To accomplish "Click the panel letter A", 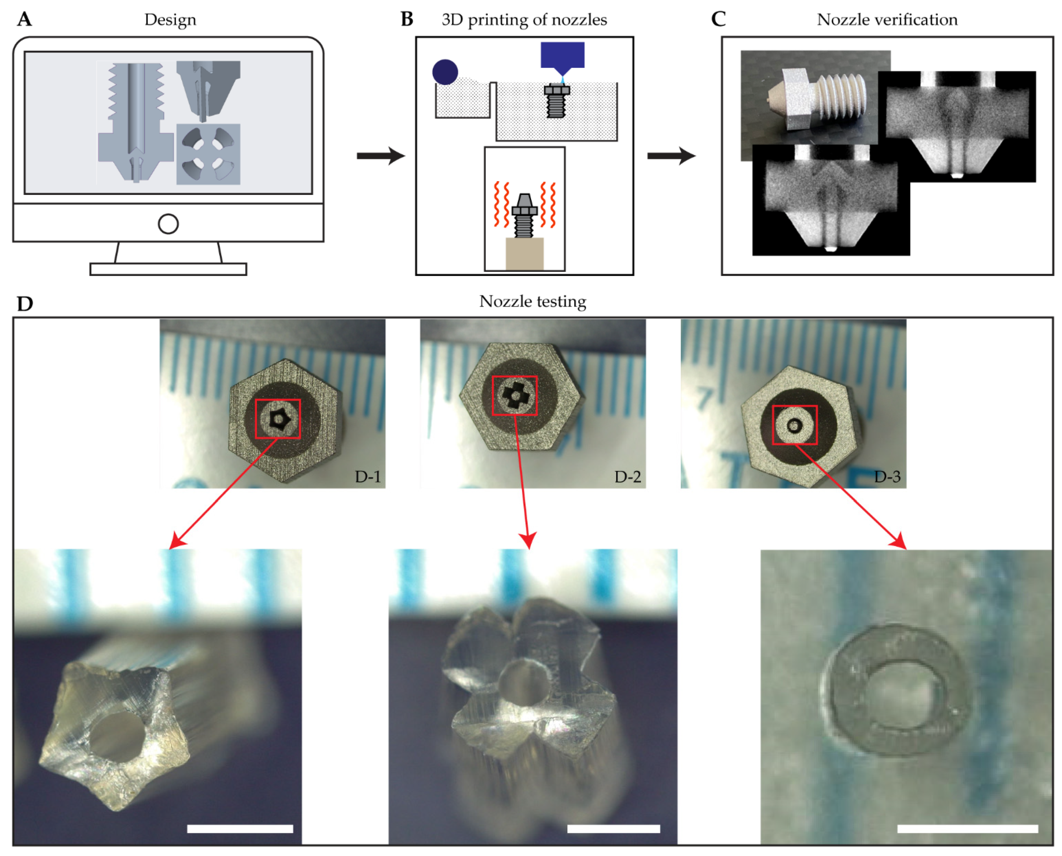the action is coord(25,19).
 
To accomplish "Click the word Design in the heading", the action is coord(170,20).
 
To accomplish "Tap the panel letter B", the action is coord(407,19).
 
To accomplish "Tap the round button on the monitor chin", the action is coord(168,224).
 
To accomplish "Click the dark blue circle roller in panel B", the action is coord(445,72).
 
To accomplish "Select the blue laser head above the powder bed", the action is coord(562,58).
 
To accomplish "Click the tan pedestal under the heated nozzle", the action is coord(525,254).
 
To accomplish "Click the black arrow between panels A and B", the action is coord(381,156).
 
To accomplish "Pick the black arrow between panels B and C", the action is coord(671,156).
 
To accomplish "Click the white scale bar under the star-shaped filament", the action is coord(240,829).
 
